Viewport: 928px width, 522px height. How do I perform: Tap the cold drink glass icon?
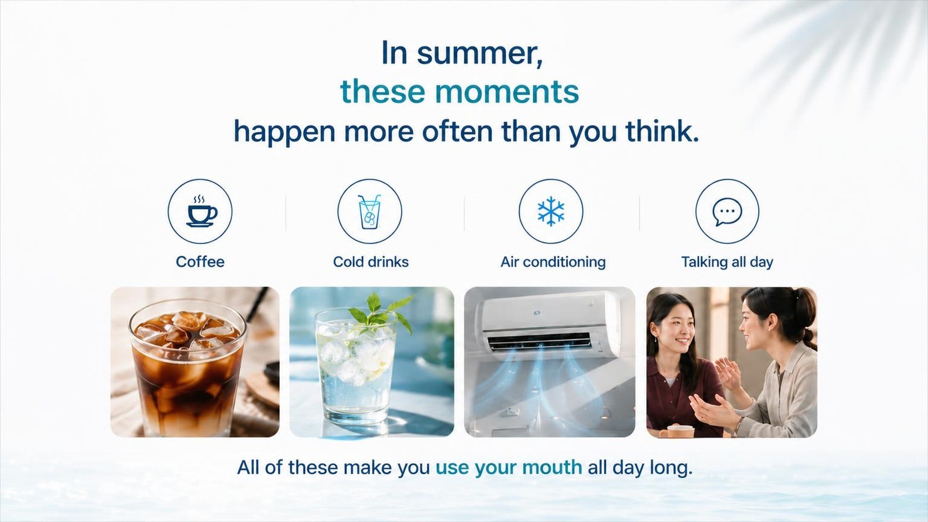[x=369, y=211]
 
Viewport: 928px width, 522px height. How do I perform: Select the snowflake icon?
[x=551, y=211]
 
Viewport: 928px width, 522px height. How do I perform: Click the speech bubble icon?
[x=727, y=211]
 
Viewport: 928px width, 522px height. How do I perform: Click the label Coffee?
[x=200, y=262]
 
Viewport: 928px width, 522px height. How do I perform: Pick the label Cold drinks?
[x=371, y=262]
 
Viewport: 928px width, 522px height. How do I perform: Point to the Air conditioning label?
[x=553, y=262]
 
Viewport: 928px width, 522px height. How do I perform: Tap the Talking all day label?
[x=727, y=262]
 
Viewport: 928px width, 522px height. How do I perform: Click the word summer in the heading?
[x=480, y=54]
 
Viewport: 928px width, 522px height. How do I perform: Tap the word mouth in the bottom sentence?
[x=552, y=467]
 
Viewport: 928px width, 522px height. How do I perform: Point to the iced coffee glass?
[x=188, y=368]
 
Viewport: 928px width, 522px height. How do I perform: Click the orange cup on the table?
[x=677, y=431]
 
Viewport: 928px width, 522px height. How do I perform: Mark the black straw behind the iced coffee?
[x=258, y=304]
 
